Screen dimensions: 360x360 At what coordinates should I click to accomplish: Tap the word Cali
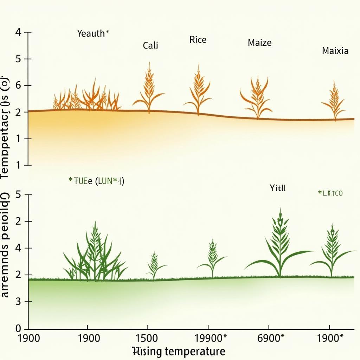150,45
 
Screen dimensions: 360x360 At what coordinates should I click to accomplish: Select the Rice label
198,40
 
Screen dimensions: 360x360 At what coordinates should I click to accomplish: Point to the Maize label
259,43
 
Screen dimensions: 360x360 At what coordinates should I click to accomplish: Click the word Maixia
335,51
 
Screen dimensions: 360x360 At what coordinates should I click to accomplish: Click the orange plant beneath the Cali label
149,90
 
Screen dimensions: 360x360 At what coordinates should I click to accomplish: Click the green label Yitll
278,188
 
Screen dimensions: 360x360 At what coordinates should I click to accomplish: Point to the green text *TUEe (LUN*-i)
96,181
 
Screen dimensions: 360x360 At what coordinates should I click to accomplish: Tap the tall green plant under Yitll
279,246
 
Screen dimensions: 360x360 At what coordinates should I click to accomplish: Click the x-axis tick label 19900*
211,338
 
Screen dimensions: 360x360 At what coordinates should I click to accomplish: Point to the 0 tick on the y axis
19,329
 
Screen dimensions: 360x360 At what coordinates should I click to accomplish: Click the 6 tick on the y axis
19,85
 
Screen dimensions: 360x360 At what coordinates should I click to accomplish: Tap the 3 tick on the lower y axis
19,302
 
